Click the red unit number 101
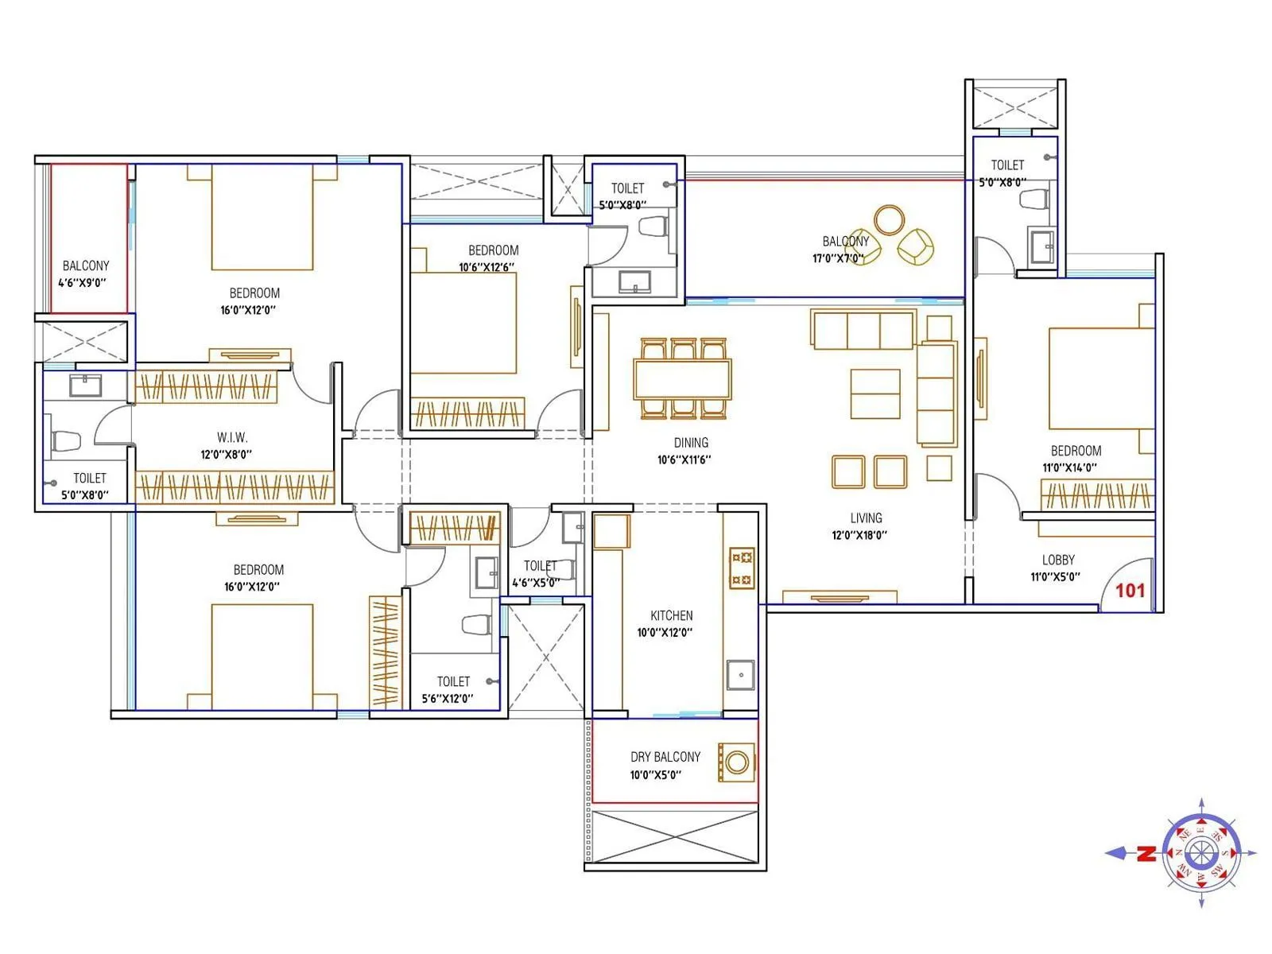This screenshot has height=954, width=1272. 1130,590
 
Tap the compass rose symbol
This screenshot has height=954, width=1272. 1200,853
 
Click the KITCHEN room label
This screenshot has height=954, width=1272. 671,615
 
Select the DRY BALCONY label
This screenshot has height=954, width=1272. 665,757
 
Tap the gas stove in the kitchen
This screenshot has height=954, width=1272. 742,568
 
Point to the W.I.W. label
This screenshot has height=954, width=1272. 232,437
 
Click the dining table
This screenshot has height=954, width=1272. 682,379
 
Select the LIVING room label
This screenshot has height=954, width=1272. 866,518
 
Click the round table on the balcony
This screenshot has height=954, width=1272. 889,220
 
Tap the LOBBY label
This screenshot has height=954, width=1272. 1058,560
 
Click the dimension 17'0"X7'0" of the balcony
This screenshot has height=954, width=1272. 837,258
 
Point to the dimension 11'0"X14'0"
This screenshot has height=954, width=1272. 1069,467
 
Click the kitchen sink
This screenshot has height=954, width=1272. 741,674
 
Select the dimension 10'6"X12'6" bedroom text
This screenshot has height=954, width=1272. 487,267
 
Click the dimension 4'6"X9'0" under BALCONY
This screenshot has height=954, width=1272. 82,282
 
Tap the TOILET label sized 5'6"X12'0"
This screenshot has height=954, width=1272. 453,681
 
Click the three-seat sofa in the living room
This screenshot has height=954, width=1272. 863,330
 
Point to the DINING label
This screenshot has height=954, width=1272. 691,443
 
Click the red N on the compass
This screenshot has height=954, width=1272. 1146,854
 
